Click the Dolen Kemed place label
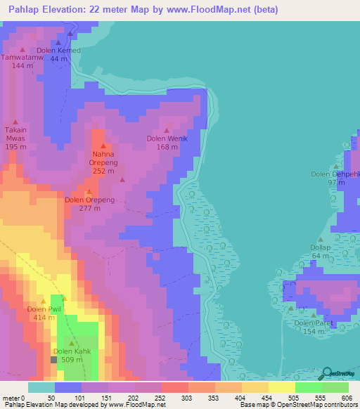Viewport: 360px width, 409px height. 59,51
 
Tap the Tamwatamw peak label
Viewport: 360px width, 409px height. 22,58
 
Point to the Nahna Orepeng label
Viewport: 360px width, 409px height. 103,158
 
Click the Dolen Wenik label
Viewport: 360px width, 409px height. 167,138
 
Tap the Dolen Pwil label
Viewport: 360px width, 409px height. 44,309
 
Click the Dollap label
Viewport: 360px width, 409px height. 321,247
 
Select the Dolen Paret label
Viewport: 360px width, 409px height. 314,323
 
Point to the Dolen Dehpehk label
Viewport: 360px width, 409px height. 335,174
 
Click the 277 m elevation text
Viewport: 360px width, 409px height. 89,208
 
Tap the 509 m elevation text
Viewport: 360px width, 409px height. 72,360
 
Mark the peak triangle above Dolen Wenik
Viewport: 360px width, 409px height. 167,130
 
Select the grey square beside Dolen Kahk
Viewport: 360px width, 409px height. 53,360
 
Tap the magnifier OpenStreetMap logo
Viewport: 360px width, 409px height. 326,374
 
